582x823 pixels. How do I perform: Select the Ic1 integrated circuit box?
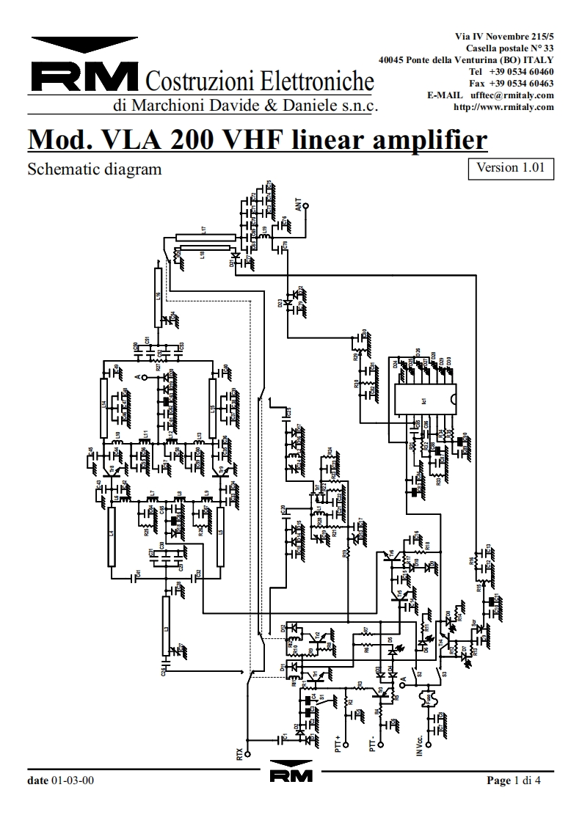click(x=425, y=401)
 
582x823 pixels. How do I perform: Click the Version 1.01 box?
click(x=510, y=167)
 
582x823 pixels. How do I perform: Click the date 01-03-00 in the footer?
click(x=72, y=780)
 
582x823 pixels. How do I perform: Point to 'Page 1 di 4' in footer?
click(x=513, y=780)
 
